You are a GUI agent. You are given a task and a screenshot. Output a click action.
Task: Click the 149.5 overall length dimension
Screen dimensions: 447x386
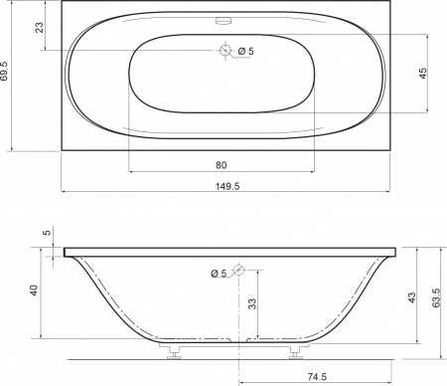pyautogui.click(x=227, y=186)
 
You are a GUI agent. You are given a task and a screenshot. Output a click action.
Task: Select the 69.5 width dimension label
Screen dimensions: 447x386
pyautogui.click(x=4, y=71)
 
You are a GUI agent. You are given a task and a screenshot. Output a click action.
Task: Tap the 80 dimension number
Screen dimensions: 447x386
pyautogui.click(x=222, y=165)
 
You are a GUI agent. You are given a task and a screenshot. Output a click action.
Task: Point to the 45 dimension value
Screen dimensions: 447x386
pyautogui.click(x=423, y=74)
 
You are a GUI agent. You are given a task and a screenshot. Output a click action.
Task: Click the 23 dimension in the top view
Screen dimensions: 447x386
pyautogui.click(x=40, y=27)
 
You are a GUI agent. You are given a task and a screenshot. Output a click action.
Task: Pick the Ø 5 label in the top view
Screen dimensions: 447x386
pyautogui.click(x=246, y=51)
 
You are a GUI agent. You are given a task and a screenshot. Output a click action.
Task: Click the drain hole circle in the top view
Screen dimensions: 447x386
pyautogui.click(x=225, y=50)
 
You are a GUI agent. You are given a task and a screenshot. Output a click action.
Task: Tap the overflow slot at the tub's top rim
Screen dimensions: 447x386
pyautogui.click(x=223, y=21)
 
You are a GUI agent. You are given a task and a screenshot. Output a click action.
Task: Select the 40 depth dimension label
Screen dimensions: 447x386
pyautogui.click(x=34, y=289)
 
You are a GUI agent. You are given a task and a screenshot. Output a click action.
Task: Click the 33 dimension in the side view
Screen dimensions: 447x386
pyautogui.click(x=252, y=303)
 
